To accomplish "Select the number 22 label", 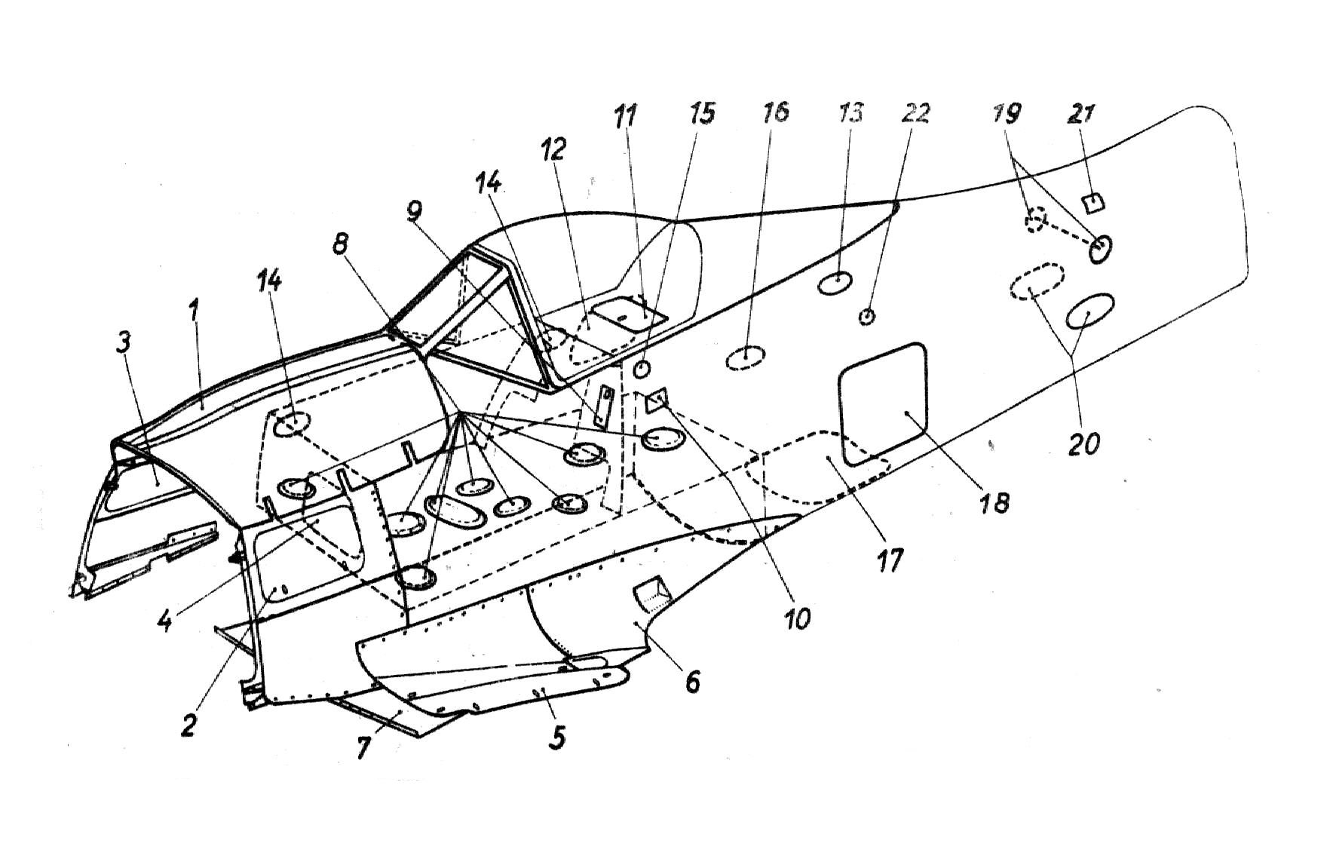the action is (915, 114).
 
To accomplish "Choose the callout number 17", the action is (890, 560).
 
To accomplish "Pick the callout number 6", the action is (692, 680).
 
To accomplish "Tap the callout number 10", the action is (797, 618).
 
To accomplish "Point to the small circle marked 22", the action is (867, 317).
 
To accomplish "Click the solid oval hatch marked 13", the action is (835, 283).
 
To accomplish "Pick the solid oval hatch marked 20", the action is (1090, 311).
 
